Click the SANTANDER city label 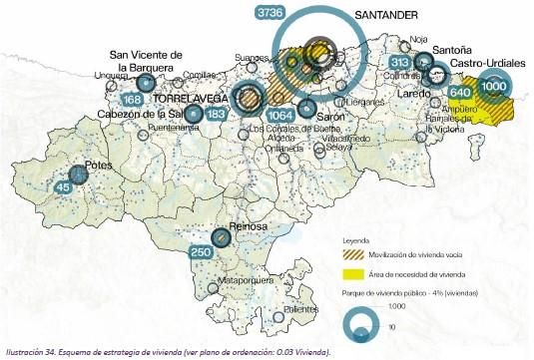coord(385,15)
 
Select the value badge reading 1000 coord(493,87)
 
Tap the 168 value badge coord(132,100)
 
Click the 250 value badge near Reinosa coord(201,253)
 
